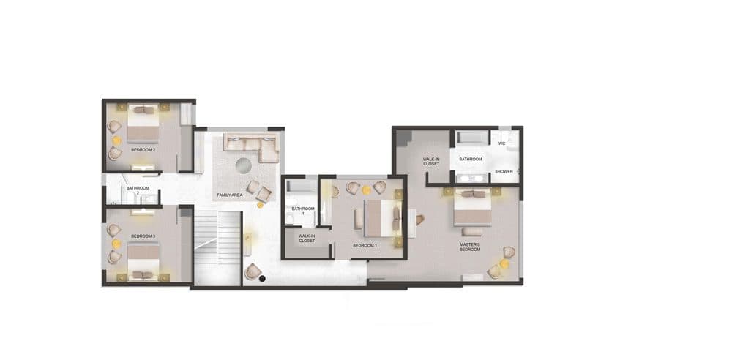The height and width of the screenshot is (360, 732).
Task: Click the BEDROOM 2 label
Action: [x=143, y=150]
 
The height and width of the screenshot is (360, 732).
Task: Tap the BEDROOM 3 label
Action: [x=143, y=236]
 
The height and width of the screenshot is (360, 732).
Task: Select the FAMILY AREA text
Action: [x=230, y=195]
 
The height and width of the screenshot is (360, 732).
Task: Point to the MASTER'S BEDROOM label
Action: [x=470, y=247]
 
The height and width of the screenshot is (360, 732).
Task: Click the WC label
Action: [x=502, y=143]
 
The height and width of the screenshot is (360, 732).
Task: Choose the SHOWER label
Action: [x=504, y=171]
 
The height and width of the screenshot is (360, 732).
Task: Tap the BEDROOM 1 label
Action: [x=365, y=245]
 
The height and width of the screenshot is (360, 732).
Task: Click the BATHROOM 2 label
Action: [x=138, y=190]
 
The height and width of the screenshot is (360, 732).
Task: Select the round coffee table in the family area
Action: [x=243, y=165]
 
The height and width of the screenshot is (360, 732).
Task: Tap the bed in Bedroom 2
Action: [x=143, y=123]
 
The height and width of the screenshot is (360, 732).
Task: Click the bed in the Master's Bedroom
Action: [x=472, y=207]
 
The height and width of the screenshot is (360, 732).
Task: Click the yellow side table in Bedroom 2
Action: [x=116, y=140]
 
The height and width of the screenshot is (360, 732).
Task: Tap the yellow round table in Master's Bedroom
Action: [x=504, y=264]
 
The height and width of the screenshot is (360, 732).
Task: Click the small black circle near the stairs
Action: [x=262, y=279]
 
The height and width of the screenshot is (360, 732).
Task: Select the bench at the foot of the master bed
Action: [x=472, y=231]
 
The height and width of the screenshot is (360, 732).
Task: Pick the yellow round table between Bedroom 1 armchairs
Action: [x=367, y=190]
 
